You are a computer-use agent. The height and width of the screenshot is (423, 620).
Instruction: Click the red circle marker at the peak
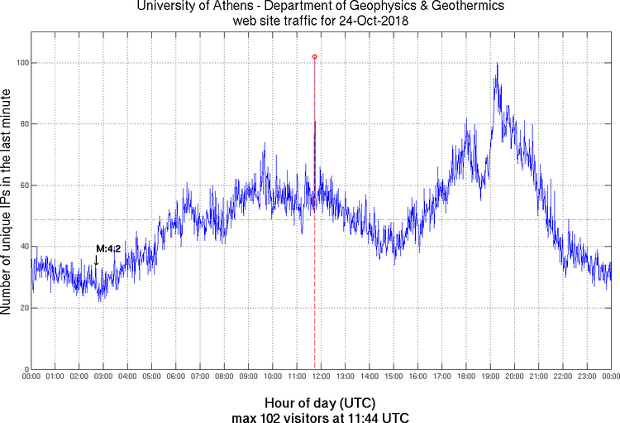(314, 56)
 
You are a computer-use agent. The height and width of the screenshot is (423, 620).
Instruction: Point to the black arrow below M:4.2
(96, 261)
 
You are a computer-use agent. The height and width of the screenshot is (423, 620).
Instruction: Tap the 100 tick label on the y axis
(21, 63)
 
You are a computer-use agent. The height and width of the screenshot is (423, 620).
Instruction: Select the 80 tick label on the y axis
(22, 124)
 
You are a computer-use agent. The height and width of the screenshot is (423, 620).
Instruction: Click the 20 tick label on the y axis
(22, 308)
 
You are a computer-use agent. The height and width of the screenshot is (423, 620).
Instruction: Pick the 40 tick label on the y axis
(22, 247)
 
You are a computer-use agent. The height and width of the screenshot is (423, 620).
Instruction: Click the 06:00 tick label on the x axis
(176, 377)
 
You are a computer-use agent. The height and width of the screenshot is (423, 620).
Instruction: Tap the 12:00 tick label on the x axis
(321, 377)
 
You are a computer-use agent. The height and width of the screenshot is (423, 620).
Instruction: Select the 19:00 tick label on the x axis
(490, 377)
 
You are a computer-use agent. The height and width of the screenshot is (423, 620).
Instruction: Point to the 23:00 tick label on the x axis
(587, 377)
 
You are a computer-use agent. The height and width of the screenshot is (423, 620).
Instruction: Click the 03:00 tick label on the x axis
(103, 377)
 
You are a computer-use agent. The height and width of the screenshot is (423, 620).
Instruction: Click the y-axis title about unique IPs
(7, 203)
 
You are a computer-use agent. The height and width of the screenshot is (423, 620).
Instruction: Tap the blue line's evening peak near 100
(496, 65)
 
